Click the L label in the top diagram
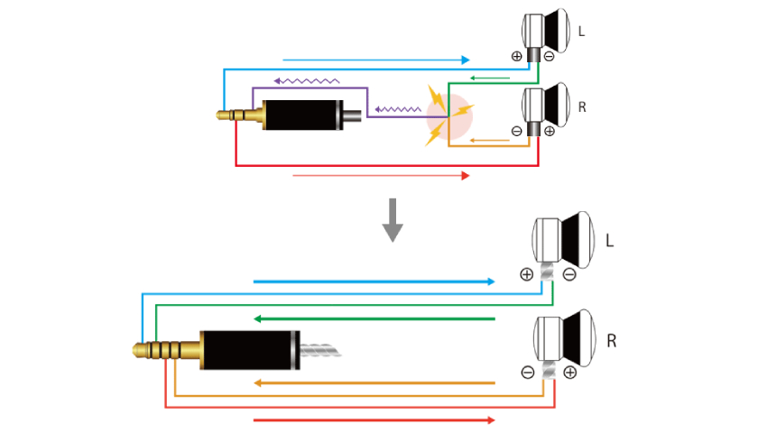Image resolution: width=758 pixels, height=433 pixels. [x=581, y=31]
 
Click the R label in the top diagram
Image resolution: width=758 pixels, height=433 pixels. [x=582, y=106]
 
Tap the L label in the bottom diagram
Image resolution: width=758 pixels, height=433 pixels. [x=611, y=241]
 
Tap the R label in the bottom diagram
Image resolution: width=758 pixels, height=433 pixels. [x=612, y=342]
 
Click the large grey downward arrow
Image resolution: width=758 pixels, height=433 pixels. [x=392, y=220]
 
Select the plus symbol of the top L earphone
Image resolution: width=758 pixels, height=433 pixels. [x=516, y=56]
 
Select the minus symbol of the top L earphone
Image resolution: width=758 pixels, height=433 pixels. [x=549, y=56]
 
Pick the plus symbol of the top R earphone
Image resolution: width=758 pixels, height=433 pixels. [x=549, y=131]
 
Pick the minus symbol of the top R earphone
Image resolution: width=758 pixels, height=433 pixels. [x=516, y=131]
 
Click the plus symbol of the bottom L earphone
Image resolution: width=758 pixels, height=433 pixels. [x=527, y=274]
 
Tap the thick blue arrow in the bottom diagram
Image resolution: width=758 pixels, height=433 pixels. [x=374, y=281]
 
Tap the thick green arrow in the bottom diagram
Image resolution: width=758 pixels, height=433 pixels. [x=374, y=318]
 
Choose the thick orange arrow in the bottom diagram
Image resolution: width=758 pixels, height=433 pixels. [x=374, y=383]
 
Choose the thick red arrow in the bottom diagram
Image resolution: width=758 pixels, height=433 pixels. [x=374, y=420]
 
